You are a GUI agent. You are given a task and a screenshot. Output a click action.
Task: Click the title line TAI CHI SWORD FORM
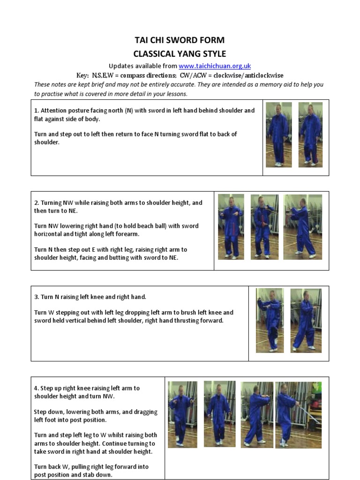180,40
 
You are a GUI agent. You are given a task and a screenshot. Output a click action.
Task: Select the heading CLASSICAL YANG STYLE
180,53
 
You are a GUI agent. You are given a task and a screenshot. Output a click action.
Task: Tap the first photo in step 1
278,135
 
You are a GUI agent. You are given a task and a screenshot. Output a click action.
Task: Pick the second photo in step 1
310,135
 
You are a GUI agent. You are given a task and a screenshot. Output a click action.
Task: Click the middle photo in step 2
264,227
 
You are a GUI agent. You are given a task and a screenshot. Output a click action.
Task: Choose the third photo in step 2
302,227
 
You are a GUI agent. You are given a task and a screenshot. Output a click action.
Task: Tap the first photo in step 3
270,320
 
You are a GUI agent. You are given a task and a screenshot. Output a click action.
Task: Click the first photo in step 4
182,414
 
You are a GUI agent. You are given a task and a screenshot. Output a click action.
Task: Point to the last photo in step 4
298,415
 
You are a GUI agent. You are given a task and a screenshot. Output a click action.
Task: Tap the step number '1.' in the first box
37,111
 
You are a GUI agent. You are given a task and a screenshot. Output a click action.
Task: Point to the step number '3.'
37,297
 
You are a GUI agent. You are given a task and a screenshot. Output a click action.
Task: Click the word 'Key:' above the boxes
82,75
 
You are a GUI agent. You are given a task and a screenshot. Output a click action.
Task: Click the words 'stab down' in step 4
102,475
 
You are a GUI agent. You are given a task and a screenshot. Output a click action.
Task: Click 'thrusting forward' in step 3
198,321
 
